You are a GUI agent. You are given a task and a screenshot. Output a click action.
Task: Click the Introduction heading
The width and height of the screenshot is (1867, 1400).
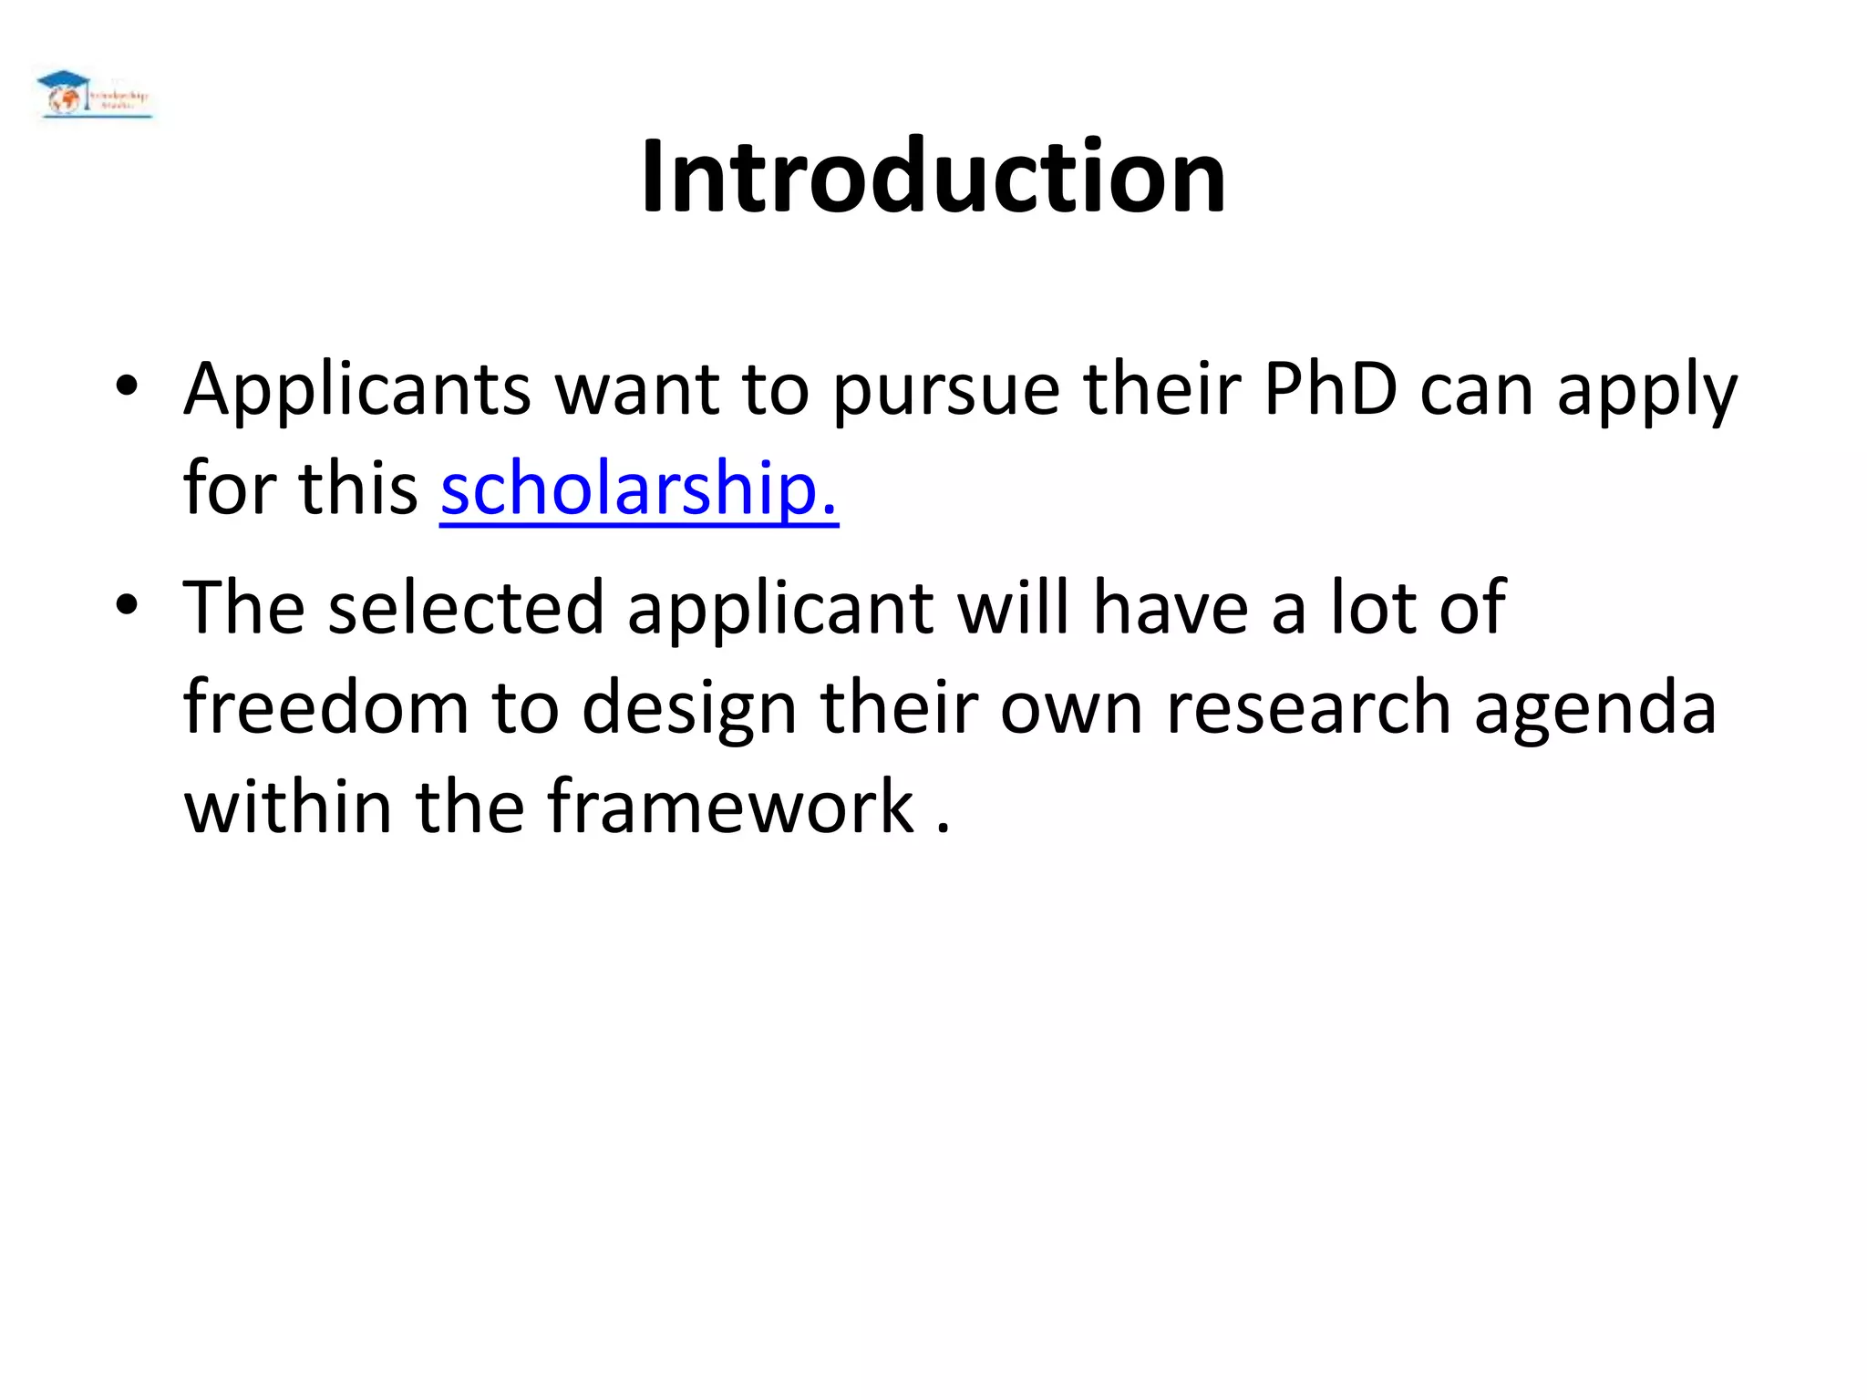point(933,175)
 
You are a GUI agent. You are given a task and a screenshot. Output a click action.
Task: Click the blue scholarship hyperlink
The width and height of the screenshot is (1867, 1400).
point(638,489)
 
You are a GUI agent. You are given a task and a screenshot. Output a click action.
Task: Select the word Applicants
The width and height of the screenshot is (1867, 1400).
point(356,390)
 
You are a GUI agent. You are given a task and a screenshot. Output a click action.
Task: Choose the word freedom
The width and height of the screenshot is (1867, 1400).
point(325,707)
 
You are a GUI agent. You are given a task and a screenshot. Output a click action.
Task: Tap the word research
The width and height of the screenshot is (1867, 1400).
point(1309,707)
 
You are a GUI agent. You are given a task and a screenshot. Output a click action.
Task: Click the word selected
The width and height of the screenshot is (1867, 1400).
point(466,607)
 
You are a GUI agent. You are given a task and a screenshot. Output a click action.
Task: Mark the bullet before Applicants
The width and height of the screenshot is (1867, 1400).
point(126,386)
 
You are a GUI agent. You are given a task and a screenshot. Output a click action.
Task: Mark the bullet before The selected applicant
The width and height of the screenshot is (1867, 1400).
point(126,603)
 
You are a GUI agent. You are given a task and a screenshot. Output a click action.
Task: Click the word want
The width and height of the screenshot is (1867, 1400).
point(636,390)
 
